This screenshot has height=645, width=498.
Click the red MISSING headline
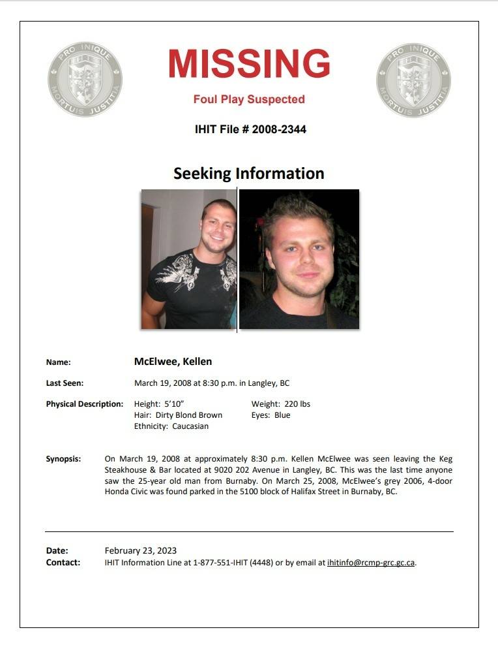point(249,64)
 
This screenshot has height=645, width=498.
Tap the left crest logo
point(85,80)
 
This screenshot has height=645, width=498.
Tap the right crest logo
point(413,80)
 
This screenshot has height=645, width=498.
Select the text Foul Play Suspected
point(249,100)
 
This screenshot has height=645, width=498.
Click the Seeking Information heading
point(248,174)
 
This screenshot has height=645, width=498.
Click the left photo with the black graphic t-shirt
point(188,259)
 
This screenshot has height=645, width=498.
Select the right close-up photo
point(299,259)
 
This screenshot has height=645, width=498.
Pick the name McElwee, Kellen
point(173,362)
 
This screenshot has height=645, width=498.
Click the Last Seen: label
point(65,383)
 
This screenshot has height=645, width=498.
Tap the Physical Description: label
point(84,404)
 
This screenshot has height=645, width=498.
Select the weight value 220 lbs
point(297,404)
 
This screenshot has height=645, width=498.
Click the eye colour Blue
point(282,415)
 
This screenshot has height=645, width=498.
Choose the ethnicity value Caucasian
point(190,426)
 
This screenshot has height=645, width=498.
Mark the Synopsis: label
point(63,459)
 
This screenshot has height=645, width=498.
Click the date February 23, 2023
point(141,551)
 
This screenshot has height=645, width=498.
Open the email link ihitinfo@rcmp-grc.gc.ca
point(371,563)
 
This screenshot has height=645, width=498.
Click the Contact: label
point(63,562)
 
